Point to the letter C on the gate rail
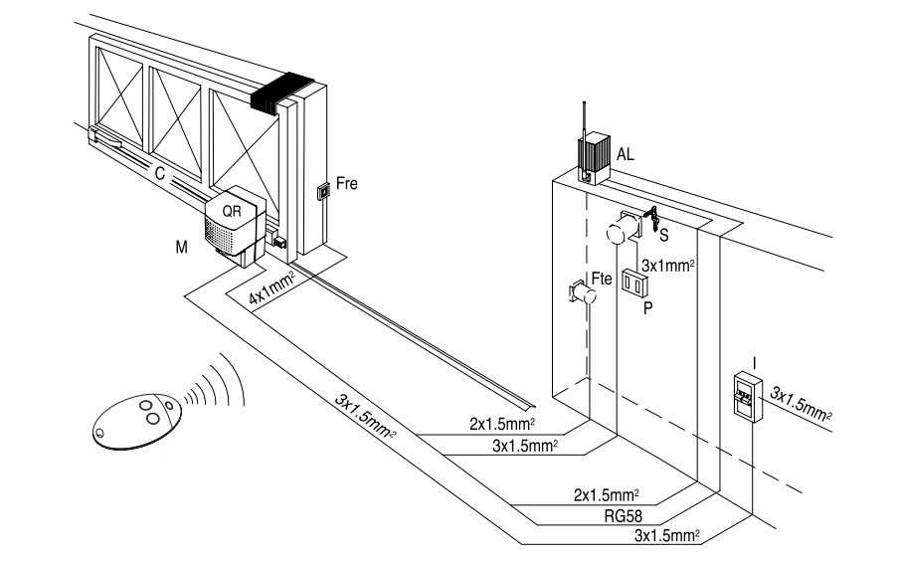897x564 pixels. pyautogui.click(x=159, y=171)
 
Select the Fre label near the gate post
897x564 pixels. pyautogui.click(x=347, y=184)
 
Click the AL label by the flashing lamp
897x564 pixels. pyautogui.click(x=625, y=155)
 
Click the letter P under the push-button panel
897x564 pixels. pyautogui.click(x=647, y=308)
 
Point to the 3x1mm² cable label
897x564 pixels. pyautogui.click(x=666, y=266)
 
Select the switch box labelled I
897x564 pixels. pyautogui.click(x=746, y=399)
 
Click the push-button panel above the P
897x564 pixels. pyautogui.click(x=634, y=282)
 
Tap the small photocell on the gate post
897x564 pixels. pyautogui.click(x=322, y=192)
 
